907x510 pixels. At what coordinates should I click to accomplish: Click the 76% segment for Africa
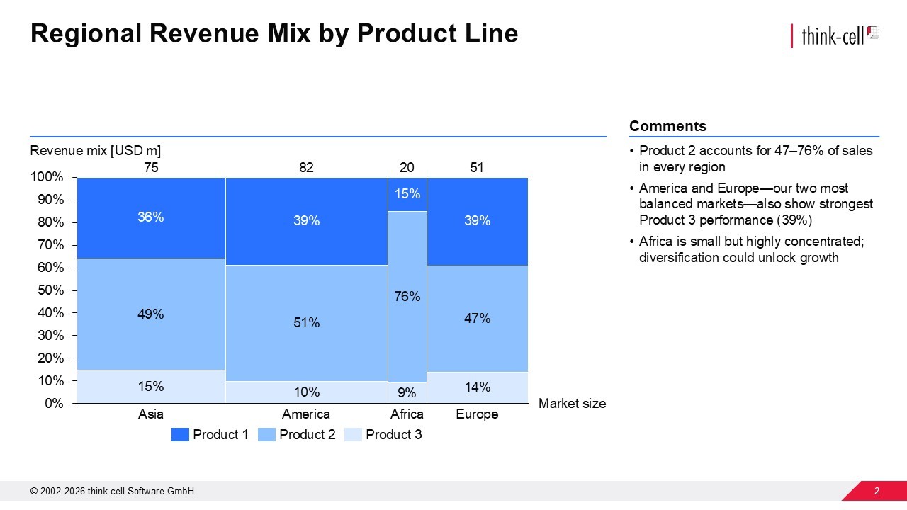(407, 297)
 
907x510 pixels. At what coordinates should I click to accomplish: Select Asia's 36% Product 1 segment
(151, 217)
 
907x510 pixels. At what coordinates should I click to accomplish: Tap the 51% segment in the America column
(307, 323)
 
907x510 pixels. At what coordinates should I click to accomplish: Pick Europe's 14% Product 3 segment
(478, 387)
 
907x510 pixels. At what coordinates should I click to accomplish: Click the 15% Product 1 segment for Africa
(407, 194)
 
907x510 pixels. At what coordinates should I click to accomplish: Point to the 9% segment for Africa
(407, 392)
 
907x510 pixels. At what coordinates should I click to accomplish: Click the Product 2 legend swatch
(266, 435)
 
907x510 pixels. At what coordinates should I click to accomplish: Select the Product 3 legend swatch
(353, 435)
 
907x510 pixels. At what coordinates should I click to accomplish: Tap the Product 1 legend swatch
(180, 435)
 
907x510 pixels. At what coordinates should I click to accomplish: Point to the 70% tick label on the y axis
(50, 245)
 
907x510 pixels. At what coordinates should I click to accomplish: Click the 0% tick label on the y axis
(54, 404)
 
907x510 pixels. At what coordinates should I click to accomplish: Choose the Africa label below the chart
(407, 414)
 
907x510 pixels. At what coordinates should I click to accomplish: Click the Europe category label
(477, 414)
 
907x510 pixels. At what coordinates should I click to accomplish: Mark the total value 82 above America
(306, 168)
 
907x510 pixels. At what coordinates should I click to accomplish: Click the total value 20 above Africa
(407, 168)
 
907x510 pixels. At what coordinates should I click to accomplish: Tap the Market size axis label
(572, 404)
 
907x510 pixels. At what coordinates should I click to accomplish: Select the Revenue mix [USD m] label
(96, 151)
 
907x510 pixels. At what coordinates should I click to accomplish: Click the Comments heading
(668, 126)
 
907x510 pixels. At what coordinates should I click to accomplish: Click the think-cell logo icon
(874, 33)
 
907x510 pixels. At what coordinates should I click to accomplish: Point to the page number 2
(877, 492)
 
